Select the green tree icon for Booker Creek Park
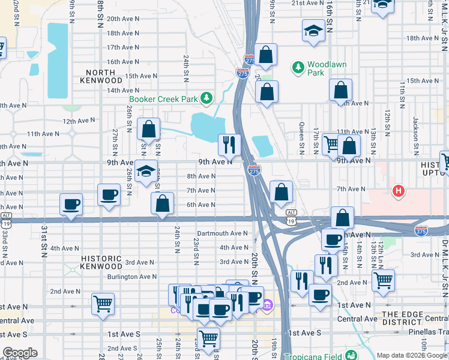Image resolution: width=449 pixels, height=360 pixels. point(206,97)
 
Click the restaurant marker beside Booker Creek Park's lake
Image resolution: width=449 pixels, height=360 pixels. point(229,144)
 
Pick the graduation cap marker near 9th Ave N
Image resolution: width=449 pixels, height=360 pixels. point(146,172)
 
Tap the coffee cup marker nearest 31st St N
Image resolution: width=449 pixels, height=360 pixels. point(71,203)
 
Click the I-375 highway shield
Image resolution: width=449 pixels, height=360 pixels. point(421,230)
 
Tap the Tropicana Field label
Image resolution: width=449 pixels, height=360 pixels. point(312,355)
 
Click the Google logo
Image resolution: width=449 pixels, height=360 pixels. point(20,353)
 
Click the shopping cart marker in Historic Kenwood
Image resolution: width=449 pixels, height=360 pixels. point(103,304)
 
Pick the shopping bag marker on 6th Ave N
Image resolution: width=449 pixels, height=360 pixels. point(162,203)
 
